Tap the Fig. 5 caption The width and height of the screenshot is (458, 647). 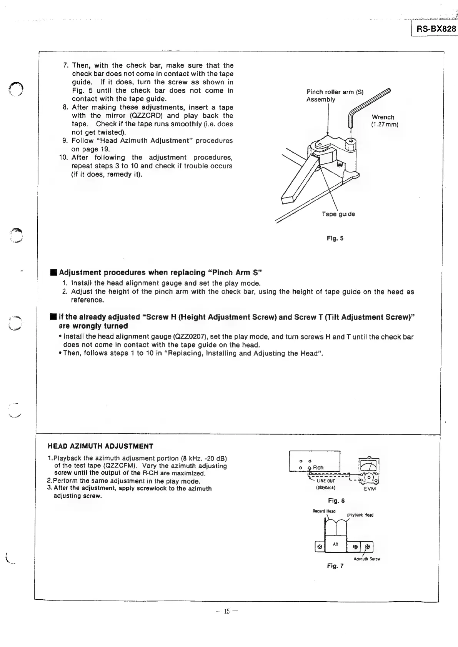[335, 238]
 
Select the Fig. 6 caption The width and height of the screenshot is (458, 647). [336, 501]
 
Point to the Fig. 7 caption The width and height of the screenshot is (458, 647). [335, 566]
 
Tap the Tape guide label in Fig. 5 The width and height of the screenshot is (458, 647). [338, 214]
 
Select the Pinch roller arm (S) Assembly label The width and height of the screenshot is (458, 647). [335, 96]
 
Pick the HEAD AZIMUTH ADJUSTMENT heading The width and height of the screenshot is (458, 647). [100, 446]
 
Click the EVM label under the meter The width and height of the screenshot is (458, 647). [369, 489]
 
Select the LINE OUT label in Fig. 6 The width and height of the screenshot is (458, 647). [326, 481]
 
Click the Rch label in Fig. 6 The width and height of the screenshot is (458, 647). [318, 467]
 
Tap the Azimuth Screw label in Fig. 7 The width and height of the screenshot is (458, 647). [366, 559]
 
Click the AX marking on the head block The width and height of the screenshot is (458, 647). [335, 544]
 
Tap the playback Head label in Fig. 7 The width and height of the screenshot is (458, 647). [360, 515]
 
